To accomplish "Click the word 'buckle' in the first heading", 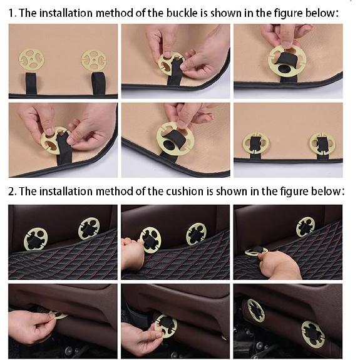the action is point(182,13).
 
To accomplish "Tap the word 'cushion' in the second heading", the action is point(185,192).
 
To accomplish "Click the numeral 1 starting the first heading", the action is point(11,13).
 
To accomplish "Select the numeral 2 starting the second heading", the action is point(11,192).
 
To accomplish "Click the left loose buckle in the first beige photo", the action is point(31,59).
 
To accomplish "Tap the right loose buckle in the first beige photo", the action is point(93,60).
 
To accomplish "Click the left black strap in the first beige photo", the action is point(31,83).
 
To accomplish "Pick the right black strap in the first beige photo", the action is point(98,83).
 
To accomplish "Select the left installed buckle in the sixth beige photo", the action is point(255,143).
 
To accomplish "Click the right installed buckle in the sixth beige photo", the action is point(322,144).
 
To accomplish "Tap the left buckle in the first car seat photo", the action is point(36,239).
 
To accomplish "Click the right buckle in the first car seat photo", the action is point(89,229).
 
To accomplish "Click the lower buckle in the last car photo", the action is point(313,334).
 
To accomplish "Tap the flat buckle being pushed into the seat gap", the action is point(256,251).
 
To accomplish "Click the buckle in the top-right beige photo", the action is point(287,61).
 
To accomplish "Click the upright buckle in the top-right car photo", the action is point(306,227).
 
